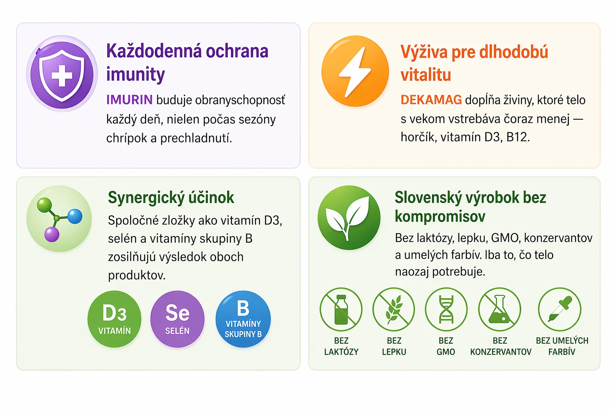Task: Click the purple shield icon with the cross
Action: click(62, 74)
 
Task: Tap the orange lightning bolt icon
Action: click(355, 71)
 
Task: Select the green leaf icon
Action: click(349, 217)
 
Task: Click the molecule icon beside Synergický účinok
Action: click(59, 219)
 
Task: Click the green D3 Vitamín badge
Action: click(115, 319)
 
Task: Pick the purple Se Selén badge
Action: click(177, 319)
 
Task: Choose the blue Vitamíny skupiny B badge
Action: click(243, 319)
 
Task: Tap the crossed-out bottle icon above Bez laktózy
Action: click(341, 309)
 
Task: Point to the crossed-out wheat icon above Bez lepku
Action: click(394, 309)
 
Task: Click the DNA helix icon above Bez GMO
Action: click(446, 309)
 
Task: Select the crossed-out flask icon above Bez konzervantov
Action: click(500, 309)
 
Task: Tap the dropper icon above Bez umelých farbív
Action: click(560, 309)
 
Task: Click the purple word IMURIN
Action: click(129, 100)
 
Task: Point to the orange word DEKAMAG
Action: click(431, 100)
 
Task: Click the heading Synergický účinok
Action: click(171, 198)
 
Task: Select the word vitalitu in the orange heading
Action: click(426, 75)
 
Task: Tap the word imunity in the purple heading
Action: click(135, 74)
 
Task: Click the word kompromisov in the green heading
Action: click(440, 217)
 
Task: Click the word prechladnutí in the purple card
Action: click(196, 138)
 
